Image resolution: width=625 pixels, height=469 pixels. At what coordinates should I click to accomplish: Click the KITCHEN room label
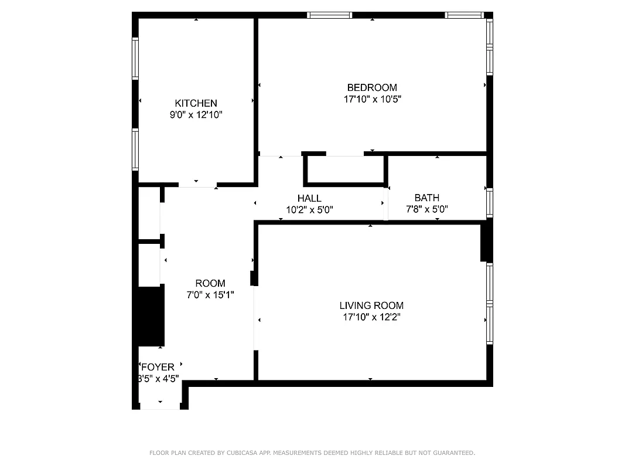tap(196, 103)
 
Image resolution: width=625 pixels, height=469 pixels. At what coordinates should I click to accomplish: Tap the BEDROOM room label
tap(372, 87)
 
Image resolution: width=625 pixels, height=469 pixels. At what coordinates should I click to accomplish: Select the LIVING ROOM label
tap(371, 305)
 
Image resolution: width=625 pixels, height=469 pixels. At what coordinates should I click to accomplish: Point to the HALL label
tap(309, 198)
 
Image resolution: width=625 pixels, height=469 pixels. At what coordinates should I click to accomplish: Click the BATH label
tap(426, 198)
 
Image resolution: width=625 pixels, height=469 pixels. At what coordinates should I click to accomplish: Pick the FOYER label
tap(158, 368)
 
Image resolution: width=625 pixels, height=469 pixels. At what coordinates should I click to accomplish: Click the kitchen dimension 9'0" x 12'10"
tap(196, 115)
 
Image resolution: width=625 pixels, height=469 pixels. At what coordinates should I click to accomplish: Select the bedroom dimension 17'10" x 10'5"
tap(372, 99)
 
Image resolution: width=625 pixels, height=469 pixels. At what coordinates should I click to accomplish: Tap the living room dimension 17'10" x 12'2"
tap(371, 317)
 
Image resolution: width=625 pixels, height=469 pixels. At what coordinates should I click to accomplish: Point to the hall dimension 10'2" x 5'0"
tap(309, 209)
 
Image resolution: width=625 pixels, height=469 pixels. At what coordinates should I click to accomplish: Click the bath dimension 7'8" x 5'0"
tap(427, 209)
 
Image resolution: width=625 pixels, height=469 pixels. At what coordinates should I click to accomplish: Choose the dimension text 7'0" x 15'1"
tap(210, 295)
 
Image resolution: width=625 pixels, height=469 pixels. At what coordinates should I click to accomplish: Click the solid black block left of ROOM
tap(151, 317)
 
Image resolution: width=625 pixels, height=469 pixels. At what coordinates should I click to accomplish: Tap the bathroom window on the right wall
tap(490, 203)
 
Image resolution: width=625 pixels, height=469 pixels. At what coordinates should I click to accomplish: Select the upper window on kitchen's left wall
tap(135, 59)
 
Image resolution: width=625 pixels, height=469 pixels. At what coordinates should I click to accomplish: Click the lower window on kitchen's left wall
tap(135, 150)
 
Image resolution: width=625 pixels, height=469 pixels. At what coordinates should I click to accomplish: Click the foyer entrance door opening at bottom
tap(160, 406)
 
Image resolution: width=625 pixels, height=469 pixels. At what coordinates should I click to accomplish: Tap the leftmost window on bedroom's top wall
tap(330, 15)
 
